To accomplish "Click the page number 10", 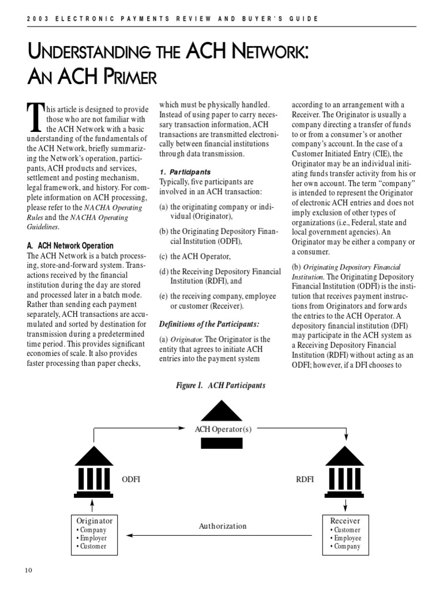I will click(28, 570).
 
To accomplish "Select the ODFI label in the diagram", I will click(131, 479).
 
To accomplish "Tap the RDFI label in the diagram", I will click(305, 479).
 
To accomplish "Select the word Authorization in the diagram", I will click(222, 526).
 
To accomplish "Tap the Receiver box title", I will click(345, 520).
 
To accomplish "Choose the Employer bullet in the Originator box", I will click(92, 538).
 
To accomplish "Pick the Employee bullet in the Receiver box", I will click(346, 538).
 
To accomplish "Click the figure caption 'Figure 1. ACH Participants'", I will click(221, 385).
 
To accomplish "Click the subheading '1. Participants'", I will click(185, 172).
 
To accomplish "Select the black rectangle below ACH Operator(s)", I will click(221, 442).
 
